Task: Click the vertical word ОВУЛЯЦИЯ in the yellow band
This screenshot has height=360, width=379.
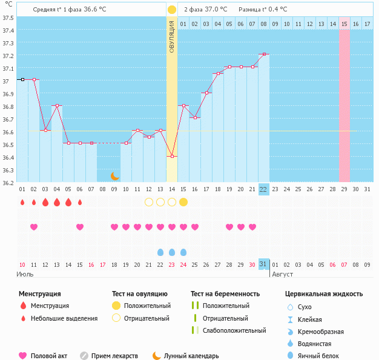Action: (172, 36)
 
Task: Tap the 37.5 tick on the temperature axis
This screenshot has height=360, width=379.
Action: (8, 18)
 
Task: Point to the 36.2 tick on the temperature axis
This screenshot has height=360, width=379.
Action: (8, 183)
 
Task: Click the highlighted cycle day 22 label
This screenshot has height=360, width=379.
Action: (263, 189)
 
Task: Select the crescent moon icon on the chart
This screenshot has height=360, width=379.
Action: (114, 176)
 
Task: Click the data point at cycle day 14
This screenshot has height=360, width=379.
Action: (172, 156)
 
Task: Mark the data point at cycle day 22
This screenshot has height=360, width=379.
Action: (263, 54)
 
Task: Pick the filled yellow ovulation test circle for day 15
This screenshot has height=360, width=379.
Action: (183, 201)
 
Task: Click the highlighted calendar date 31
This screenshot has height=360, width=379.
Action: (263, 264)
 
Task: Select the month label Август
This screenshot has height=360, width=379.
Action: (282, 274)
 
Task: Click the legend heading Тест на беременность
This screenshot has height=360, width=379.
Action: (225, 293)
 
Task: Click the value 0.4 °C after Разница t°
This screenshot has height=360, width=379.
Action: (276, 10)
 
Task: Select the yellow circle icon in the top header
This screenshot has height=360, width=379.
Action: (172, 10)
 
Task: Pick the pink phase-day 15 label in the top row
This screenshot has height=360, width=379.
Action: (344, 24)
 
